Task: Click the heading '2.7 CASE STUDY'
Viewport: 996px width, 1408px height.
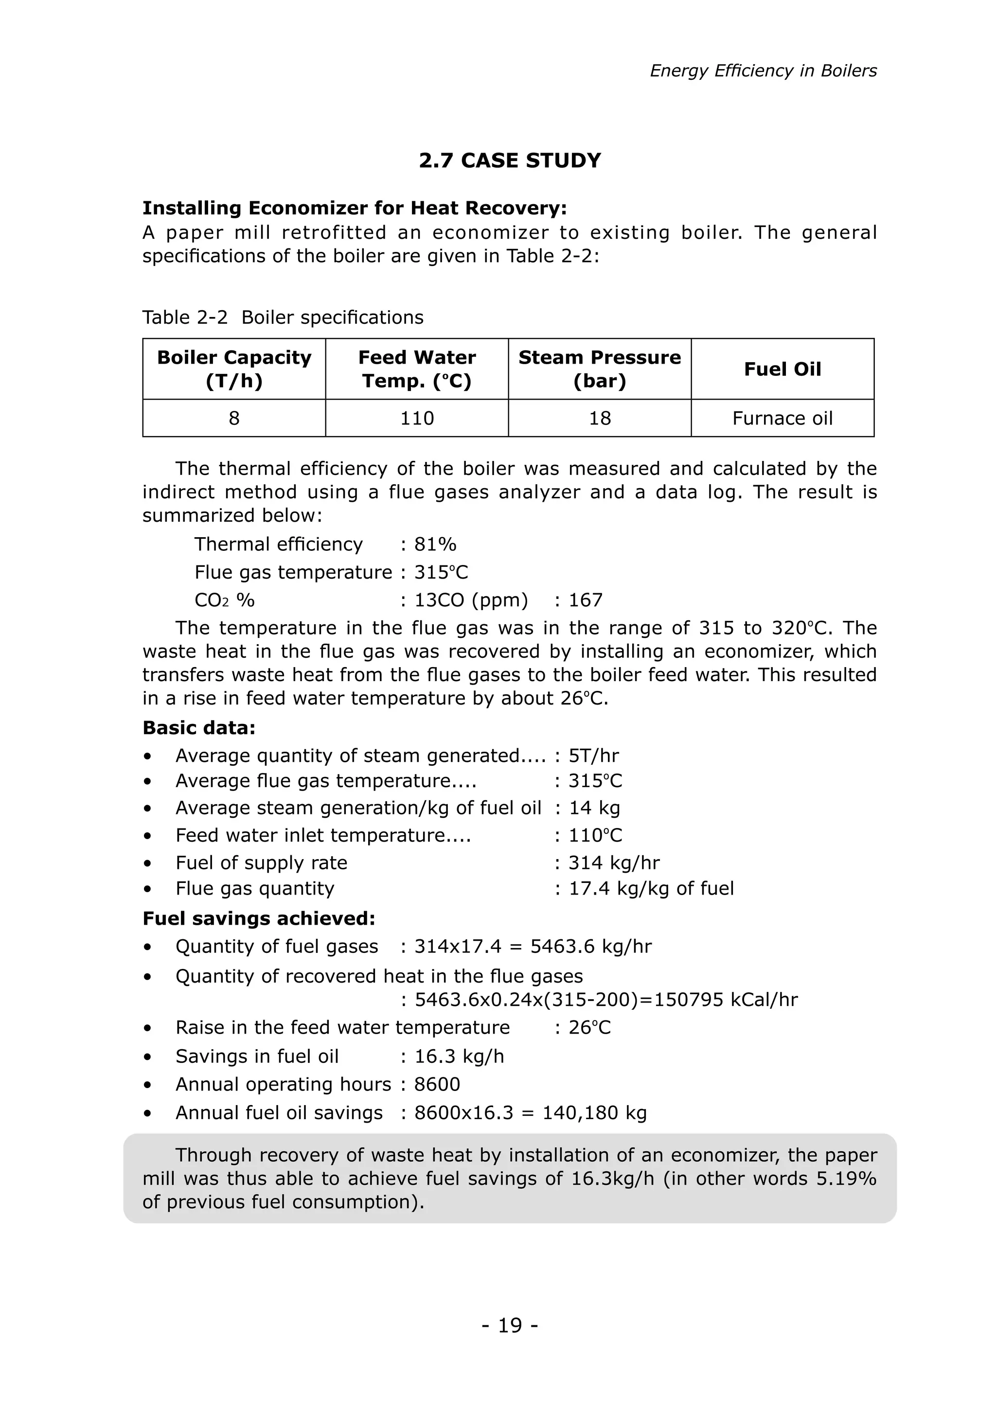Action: [510, 160]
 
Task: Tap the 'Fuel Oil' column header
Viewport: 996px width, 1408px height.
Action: [782, 369]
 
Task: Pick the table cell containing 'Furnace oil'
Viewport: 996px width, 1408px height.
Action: [782, 418]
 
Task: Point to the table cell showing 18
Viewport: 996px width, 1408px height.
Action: [599, 418]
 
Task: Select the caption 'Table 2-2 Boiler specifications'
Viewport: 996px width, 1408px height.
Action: [283, 317]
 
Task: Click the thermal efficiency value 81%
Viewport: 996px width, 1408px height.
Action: [435, 544]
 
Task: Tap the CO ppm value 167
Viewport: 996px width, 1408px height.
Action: [586, 600]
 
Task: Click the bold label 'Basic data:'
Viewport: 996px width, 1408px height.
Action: [199, 728]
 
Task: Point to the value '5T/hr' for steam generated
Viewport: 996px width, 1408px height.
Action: [594, 756]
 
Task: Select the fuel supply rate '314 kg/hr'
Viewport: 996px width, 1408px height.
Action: [614, 863]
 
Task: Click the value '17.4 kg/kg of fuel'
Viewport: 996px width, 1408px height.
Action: [651, 889]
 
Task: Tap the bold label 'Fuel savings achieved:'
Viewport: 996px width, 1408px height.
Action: [258, 918]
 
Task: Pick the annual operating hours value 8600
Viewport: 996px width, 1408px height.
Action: [437, 1084]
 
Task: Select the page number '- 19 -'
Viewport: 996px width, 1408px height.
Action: [510, 1326]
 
